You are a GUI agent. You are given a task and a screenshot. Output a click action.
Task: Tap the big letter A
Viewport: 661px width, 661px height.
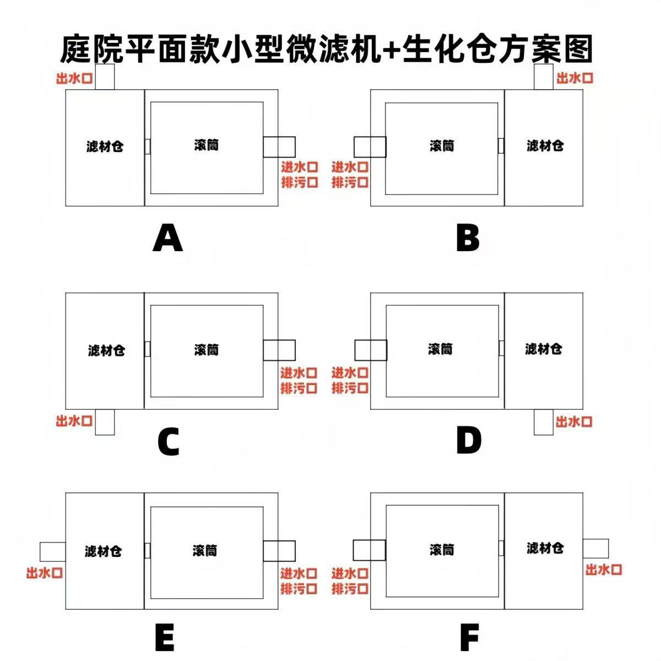(167, 239)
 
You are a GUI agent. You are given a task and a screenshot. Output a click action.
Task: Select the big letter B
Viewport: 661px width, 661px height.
(468, 239)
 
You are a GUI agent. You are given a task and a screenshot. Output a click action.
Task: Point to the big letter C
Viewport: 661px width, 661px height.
(169, 442)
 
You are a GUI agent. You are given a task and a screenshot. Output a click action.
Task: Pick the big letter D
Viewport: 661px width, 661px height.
(469, 441)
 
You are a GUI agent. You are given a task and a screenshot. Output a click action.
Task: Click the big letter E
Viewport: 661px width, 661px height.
(165, 638)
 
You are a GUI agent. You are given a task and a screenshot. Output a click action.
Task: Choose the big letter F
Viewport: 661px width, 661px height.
(469, 638)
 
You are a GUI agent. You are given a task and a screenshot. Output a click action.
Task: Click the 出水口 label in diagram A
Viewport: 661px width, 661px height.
(74, 78)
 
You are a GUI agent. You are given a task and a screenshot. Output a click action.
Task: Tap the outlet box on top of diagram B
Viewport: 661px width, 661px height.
(544, 77)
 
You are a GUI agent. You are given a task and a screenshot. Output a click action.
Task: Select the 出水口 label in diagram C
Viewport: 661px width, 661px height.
(74, 421)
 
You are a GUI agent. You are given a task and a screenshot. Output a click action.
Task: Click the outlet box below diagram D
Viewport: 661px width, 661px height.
(544, 422)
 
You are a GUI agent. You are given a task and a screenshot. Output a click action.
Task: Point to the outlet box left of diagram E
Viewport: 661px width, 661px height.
(52, 551)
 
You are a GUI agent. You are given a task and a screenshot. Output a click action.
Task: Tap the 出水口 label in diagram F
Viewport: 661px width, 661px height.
(604, 570)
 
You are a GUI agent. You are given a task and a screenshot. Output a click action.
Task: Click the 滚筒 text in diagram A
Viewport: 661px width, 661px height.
(207, 145)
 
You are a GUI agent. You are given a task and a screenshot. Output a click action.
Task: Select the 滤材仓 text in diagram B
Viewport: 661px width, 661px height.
(545, 145)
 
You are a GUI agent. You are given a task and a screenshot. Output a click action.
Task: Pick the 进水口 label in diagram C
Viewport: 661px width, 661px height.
(299, 373)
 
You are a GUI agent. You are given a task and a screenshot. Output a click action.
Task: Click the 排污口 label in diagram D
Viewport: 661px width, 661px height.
(350, 388)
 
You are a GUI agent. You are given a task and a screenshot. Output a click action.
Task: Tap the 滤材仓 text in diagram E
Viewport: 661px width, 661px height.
(103, 551)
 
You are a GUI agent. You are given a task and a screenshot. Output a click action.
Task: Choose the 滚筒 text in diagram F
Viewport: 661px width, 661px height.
(442, 550)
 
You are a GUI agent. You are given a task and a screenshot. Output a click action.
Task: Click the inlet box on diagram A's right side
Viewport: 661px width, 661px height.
(279, 147)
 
